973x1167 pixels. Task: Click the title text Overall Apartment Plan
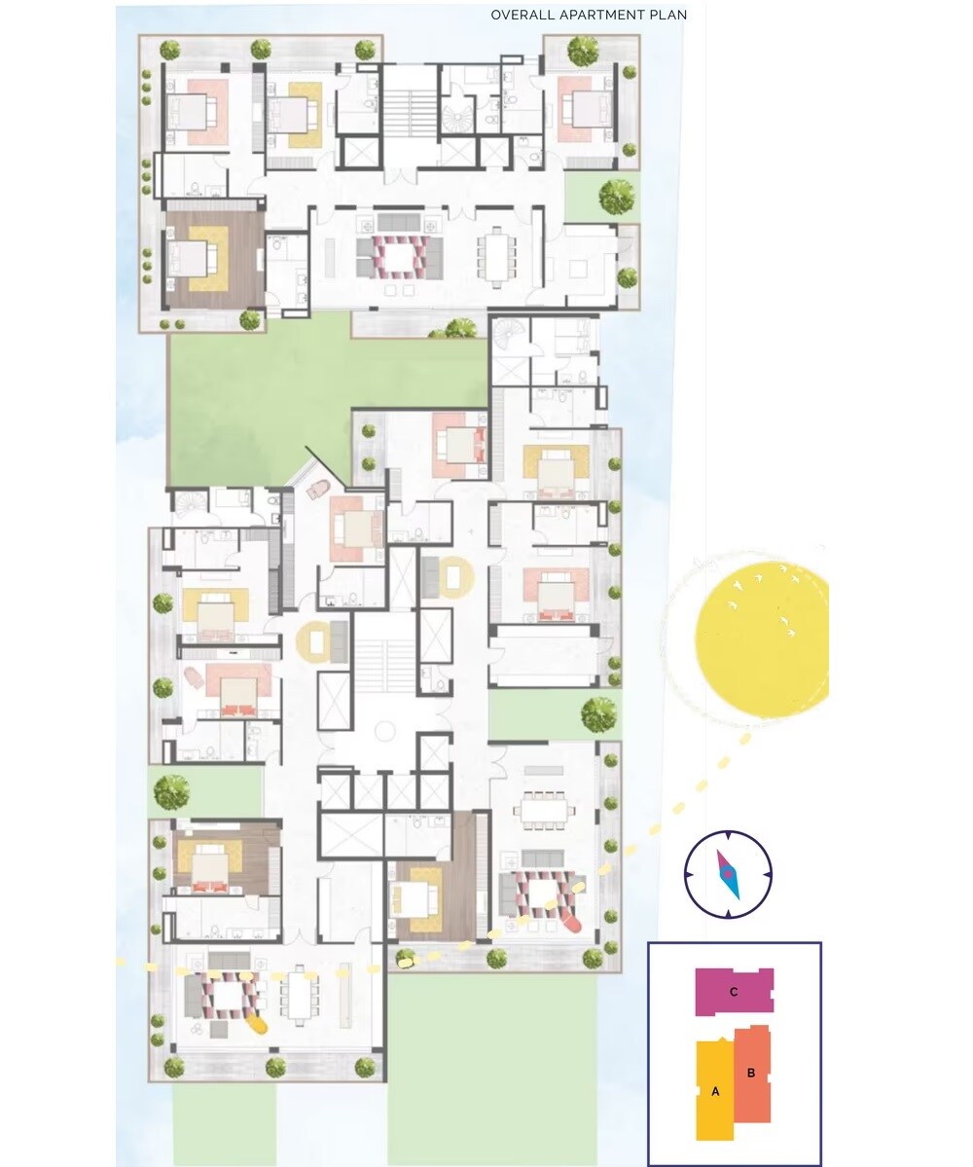click(589, 15)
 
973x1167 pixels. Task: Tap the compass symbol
click(728, 874)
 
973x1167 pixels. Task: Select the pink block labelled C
click(735, 992)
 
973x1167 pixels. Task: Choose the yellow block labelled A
click(715, 1090)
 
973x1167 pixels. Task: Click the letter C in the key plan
click(734, 992)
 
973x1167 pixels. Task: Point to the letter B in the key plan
click(751, 1074)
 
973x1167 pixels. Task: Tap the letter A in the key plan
click(715, 1092)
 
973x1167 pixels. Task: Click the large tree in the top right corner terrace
click(583, 51)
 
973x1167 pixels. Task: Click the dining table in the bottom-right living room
click(546, 810)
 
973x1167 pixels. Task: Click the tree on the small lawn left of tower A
click(172, 792)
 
